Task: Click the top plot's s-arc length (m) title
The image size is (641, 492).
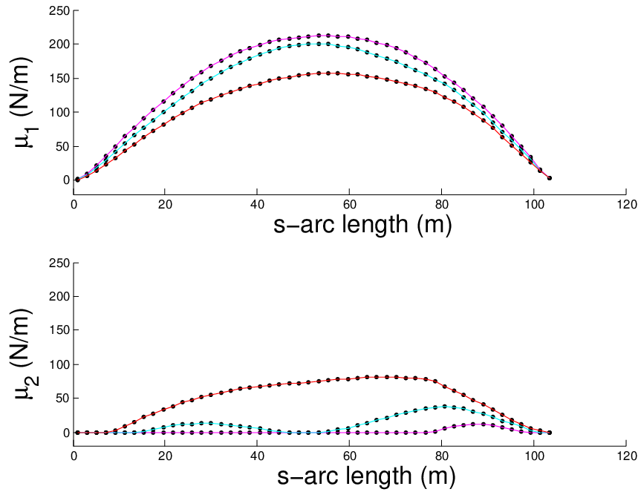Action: (362, 225)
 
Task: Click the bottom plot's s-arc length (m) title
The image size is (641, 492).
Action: (366, 476)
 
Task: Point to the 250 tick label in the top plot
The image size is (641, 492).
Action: (59, 10)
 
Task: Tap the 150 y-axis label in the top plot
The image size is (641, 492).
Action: (59, 79)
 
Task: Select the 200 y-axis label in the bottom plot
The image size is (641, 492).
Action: (59, 296)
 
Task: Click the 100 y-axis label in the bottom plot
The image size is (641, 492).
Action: (59, 364)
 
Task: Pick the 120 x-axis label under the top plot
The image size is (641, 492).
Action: (626, 205)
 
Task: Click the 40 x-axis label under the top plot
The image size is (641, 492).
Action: (257, 205)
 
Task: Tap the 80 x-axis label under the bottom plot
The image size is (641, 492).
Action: (442, 456)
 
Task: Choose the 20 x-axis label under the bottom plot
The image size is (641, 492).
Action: (165, 456)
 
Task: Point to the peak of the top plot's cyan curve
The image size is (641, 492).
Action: (319, 44)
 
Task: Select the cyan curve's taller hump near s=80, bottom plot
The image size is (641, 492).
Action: (445, 406)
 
